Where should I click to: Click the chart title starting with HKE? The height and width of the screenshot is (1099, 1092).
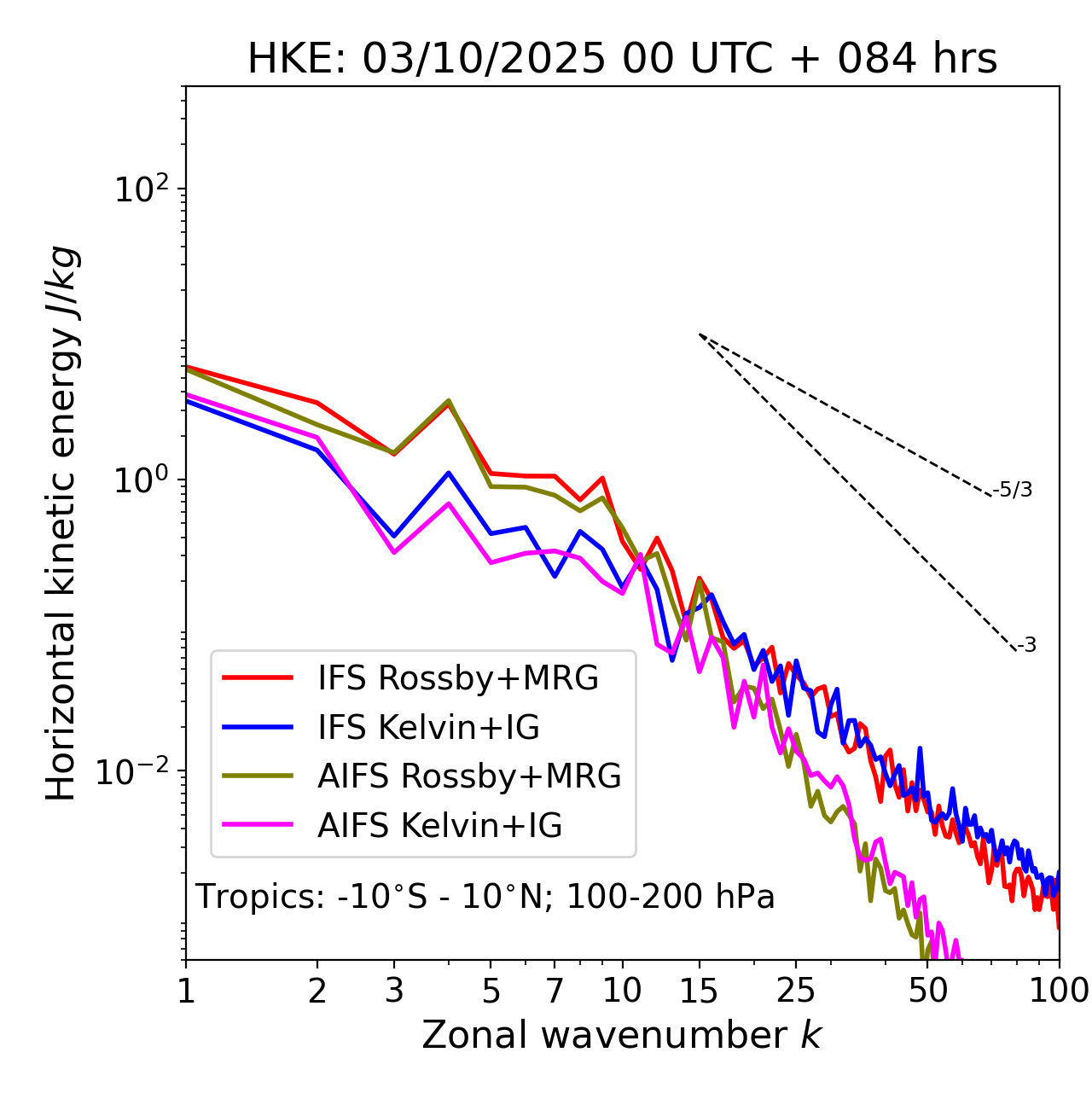click(622, 59)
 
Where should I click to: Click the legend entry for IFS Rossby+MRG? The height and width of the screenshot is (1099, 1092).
click(458, 678)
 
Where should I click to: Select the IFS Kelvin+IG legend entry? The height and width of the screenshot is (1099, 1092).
click(428, 728)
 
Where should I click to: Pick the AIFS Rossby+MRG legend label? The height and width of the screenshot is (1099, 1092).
click(469, 776)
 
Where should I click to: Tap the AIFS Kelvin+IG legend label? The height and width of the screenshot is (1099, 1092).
click(439, 826)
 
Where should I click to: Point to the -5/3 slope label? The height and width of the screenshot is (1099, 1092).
click(1013, 490)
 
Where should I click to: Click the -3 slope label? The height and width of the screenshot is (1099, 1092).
click(1026, 645)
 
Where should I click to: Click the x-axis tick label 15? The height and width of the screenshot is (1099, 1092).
click(699, 991)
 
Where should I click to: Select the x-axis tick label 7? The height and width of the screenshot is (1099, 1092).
click(555, 991)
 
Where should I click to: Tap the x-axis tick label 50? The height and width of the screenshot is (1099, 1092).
click(927, 991)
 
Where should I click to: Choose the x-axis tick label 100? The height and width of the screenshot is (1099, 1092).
click(1059, 991)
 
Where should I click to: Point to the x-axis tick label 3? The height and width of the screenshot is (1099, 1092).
click(394, 991)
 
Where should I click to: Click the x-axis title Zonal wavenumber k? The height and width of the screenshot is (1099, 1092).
click(622, 1035)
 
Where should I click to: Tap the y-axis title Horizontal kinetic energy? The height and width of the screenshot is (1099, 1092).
click(61, 523)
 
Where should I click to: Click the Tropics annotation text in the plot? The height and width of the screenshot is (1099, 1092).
click(485, 897)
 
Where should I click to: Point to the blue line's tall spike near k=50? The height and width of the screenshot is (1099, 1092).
click(920, 750)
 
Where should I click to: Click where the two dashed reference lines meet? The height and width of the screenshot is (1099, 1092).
click(700, 334)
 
